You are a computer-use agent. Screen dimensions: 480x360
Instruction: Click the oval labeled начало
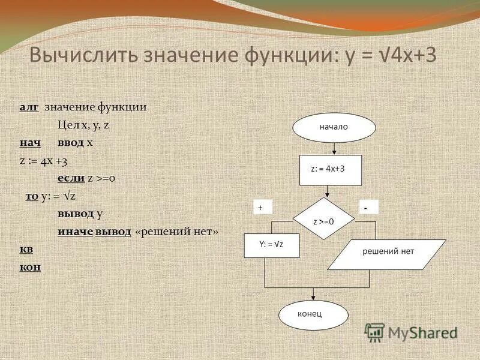coord(334,128)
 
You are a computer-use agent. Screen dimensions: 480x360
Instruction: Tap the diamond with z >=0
coord(324,221)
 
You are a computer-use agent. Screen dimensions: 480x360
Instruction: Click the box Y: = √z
coord(271,245)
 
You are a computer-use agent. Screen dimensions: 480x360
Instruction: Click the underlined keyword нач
coord(29,143)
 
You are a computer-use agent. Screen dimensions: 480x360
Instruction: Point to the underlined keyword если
coord(70,178)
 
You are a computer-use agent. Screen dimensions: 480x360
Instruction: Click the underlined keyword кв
coord(26,249)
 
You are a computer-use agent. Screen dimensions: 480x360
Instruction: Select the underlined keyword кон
coord(29,266)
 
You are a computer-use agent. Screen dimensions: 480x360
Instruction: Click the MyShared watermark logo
coord(412,332)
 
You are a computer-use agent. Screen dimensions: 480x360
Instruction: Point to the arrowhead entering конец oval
coord(314,297)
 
